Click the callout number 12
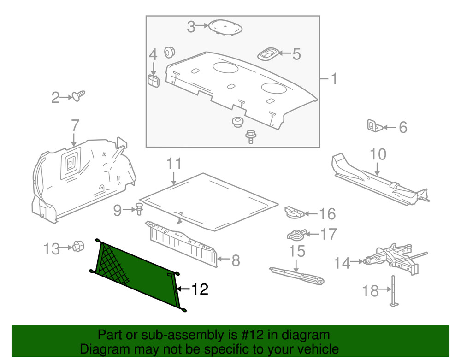click(199, 289)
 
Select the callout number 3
click(191, 27)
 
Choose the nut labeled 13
click(77, 247)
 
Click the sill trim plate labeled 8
click(182, 243)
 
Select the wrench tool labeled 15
click(297, 275)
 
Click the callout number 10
click(378, 154)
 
